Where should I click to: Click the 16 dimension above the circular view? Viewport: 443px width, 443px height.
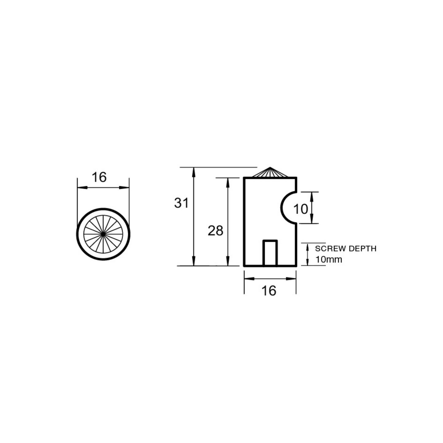click(99, 178)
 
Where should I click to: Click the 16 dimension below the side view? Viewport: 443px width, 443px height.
click(269, 291)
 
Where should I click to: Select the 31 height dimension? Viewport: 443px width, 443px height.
click(181, 203)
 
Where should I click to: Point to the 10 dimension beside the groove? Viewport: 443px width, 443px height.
click(300, 209)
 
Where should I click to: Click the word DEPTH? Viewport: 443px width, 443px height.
click(363, 249)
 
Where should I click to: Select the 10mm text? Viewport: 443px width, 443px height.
click(329, 259)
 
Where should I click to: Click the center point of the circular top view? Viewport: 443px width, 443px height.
click(103, 234)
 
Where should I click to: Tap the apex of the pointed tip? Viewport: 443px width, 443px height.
click(270, 167)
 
